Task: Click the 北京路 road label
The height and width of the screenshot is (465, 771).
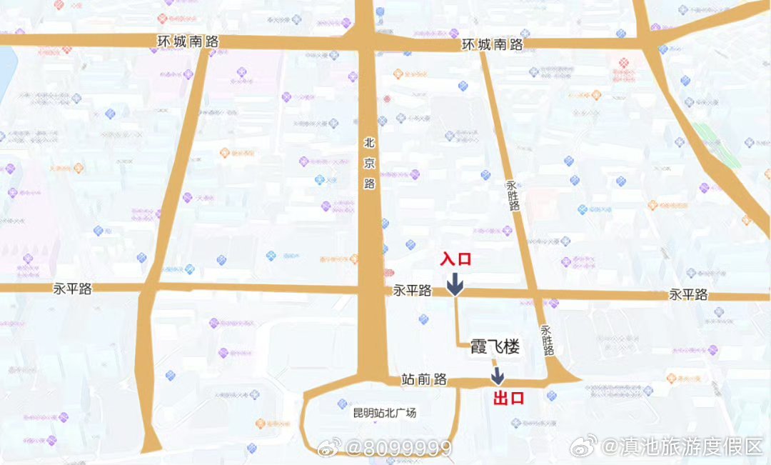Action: coord(369,163)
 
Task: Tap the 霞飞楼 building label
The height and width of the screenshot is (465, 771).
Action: coord(494,348)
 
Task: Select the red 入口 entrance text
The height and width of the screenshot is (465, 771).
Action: coord(456,259)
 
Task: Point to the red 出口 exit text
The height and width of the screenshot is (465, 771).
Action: coord(509,398)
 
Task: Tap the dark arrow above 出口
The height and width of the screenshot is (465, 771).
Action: coord(498,376)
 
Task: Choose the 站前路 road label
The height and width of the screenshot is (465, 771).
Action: coord(425,379)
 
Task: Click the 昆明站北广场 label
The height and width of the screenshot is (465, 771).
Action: coord(384,413)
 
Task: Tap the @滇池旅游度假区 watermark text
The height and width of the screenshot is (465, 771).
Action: coord(682,447)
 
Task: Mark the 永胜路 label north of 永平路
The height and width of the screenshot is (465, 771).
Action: coord(514,194)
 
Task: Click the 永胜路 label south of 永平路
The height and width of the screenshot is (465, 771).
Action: coord(548,341)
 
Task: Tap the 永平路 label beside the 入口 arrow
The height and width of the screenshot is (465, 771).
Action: coord(413,291)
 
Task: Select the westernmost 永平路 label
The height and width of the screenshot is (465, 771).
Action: coord(73,289)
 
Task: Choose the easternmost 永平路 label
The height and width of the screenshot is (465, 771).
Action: coord(688,294)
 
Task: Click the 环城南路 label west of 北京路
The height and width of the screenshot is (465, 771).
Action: coord(188,41)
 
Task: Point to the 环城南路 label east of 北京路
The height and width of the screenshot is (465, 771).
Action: coord(492,44)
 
